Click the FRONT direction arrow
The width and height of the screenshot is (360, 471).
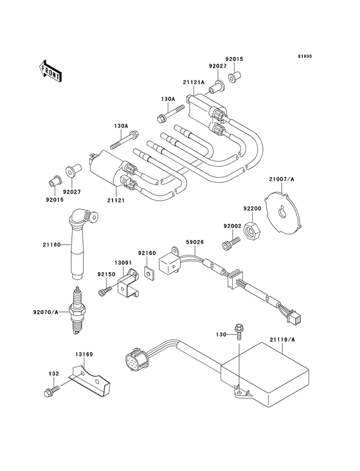point(50,71)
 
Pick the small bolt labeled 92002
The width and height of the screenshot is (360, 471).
point(231,243)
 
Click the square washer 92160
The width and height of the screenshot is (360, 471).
point(149,273)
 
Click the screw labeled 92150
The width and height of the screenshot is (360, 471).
point(105,291)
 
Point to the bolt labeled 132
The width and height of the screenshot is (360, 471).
point(51,391)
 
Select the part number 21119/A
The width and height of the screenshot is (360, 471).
point(282,340)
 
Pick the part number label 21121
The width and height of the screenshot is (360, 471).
point(116,200)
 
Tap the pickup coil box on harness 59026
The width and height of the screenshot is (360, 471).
point(169,262)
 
